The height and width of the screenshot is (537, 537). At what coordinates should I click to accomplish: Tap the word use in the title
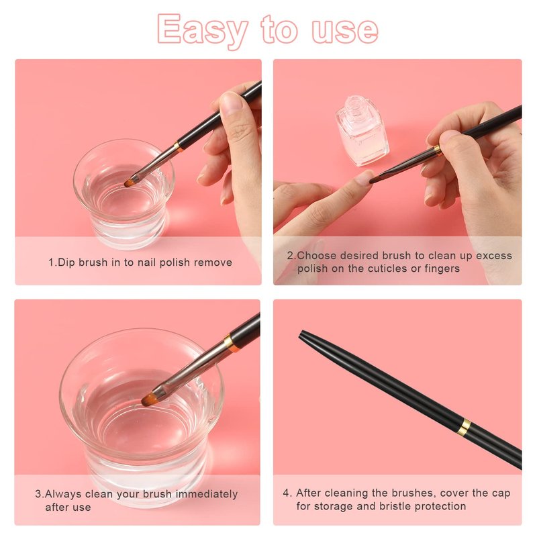pos(345,30)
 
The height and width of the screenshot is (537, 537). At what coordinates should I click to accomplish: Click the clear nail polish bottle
pos(362,131)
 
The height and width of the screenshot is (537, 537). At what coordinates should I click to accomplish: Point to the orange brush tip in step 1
pos(130,183)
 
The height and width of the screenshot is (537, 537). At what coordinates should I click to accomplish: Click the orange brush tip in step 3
pos(150,399)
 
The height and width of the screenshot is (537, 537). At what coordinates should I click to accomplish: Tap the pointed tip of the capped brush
pos(301,333)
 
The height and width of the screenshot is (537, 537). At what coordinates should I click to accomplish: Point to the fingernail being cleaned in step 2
pos(363,177)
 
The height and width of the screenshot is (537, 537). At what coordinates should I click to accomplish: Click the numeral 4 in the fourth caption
pos(287,493)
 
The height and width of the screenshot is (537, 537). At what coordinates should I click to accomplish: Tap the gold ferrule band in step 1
pos(179,146)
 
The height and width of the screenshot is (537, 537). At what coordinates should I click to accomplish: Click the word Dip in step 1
pos(66,262)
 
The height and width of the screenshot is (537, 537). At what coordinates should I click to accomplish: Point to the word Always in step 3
pos(63,495)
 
